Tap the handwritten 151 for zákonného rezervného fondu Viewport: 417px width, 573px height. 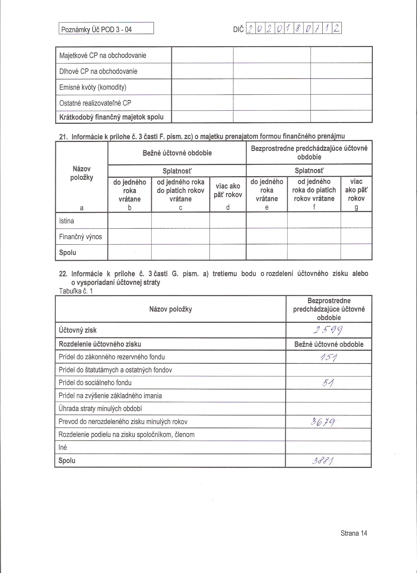pyautogui.click(x=328, y=357)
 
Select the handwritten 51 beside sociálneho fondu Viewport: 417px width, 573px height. pyautogui.click(x=328, y=383)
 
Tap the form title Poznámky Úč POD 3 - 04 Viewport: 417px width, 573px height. pyautogui.click(x=96, y=30)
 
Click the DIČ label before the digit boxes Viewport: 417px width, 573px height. pyautogui.click(x=238, y=30)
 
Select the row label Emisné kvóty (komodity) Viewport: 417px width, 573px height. pyautogui.click(x=92, y=87)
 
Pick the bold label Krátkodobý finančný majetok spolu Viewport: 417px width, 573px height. pyautogui.click(x=111, y=117)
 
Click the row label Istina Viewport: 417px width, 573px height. pyautogui.click(x=66, y=221)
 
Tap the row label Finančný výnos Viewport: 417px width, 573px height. pyautogui.click(x=80, y=237)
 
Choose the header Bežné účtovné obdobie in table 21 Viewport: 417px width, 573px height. pyautogui.click(x=177, y=153)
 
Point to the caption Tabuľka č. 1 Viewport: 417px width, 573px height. pyautogui.click(x=76, y=291)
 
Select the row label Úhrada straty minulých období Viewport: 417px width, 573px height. pyautogui.click(x=100, y=409)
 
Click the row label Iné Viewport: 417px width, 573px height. pyautogui.click(x=63, y=448)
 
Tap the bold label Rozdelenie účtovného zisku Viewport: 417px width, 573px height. pyautogui.click(x=100, y=344)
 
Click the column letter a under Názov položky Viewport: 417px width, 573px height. pyautogui.click(x=81, y=208)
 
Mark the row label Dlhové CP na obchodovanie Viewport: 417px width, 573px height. pyautogui.click(x=98, y=71)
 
